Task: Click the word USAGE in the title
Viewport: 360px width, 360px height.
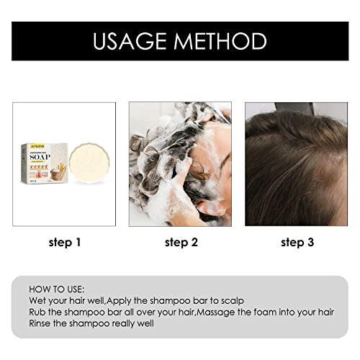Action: [130, 41]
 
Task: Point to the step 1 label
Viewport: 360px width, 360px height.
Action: [64, 243]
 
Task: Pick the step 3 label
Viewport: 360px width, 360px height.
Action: [297, 243]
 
